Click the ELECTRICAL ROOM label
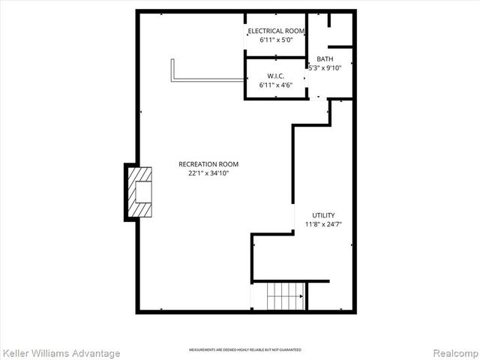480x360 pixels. [276, 31]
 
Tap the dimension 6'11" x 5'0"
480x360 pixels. [276, 40]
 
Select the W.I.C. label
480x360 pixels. [276, 76]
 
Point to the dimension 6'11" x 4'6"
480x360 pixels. [276, 85]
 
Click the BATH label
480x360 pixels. [325, 58]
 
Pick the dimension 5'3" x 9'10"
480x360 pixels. [325, 67]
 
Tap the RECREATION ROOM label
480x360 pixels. [208, 164]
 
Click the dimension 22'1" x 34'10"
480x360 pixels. [208, 173]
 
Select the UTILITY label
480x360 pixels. [323, 215]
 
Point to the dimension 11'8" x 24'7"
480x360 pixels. [323, 224]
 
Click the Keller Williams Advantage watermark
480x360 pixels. [61, 352]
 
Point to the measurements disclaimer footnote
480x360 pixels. [245, 350]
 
